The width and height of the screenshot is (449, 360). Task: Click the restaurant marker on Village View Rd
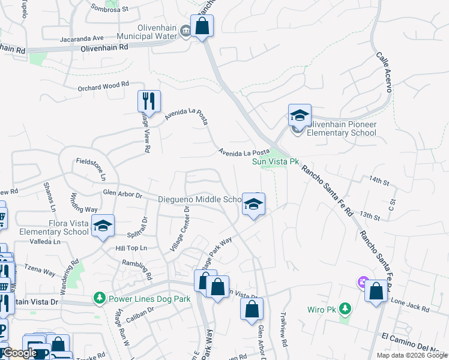click(148, 101)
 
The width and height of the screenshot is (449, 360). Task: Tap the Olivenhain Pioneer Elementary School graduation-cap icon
click(300, 114)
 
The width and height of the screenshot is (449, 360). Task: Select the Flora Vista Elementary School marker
click(104, 226)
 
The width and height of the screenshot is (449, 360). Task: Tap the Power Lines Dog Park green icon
click(99, 298)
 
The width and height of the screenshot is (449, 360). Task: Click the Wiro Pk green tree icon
click(345, 308)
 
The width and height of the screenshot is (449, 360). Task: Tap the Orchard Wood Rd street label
click(103, 86)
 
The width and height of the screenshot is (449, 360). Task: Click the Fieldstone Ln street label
click(91, 170)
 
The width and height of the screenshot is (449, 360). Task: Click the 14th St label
click(379, 180)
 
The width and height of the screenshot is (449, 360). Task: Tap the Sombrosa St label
click(110, 8)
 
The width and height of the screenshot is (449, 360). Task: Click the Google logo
click(19, 353)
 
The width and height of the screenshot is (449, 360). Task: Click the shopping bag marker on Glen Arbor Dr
click(252, 309)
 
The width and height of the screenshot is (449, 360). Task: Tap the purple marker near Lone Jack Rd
click(362, 281)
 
